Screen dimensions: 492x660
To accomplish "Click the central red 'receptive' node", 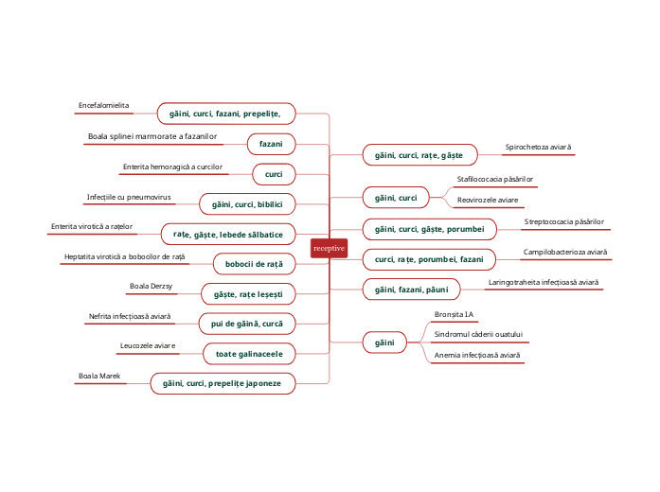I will click(330, 248).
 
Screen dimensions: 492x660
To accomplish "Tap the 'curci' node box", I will click(274, 174).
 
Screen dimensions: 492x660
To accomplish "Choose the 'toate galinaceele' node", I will click(249, 353).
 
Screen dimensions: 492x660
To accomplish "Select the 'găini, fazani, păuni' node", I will click(412, 288).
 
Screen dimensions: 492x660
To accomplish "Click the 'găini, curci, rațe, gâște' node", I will click(419, 154).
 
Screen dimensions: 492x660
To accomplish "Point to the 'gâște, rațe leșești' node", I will click(248, 293).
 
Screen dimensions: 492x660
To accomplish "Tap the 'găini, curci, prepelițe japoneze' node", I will click(223, 383).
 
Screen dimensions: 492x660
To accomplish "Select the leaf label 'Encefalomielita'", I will click(104, 106).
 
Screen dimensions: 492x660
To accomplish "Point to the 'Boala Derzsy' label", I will click(151, 286).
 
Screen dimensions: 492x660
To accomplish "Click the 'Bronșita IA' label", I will click(454, 313).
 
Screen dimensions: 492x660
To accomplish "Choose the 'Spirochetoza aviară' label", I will click(539, 148).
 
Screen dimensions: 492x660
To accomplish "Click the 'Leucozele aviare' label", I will click(149, 346).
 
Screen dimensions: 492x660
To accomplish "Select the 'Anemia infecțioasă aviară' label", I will click(477, 356).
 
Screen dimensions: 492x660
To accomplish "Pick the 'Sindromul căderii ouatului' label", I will click(478, 334).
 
